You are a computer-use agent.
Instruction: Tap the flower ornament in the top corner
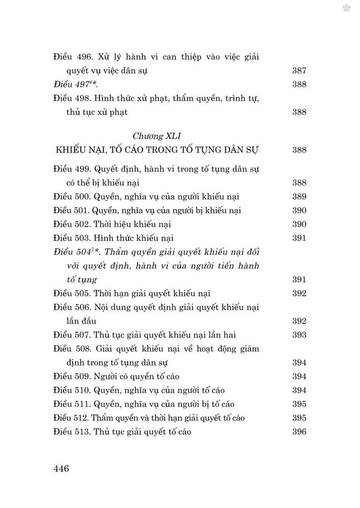tap(346, 8)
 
